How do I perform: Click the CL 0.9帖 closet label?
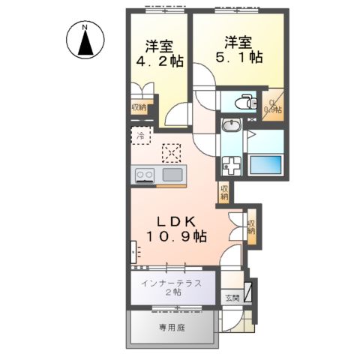click(273, 106)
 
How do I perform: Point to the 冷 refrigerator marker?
click(139, 136)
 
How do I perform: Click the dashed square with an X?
click(172, 152)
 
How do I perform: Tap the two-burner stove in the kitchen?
click(145, 175)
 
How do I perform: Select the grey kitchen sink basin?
click(172, 175)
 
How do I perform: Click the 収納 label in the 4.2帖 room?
click(139, 108)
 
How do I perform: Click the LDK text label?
click(176, 222)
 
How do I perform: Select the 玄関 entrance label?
click(232, 298)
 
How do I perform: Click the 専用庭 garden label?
click(172, 327)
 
